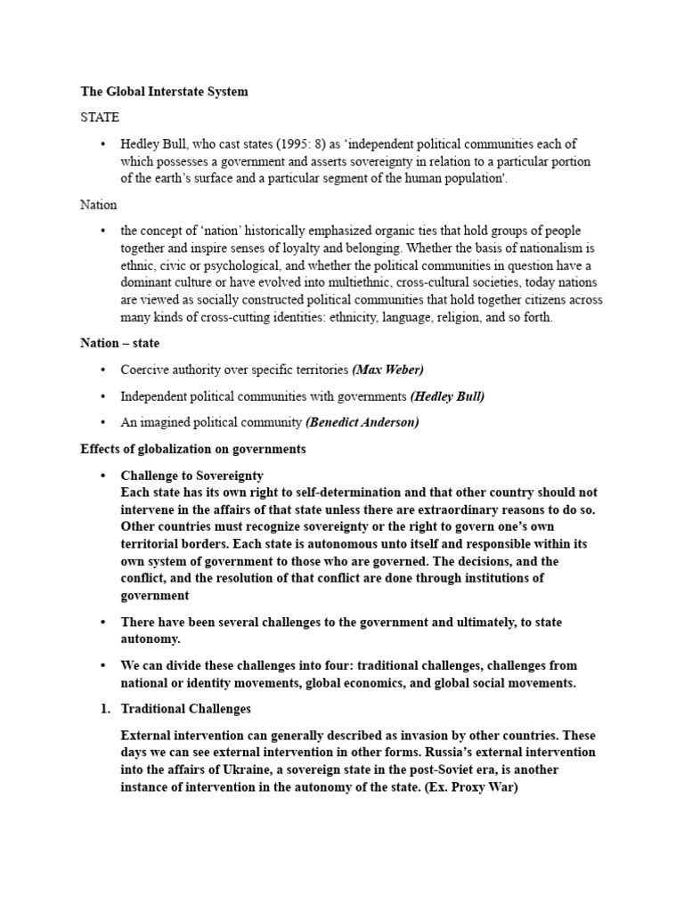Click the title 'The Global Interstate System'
(x=164, y=91)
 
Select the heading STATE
(x=100, y=117)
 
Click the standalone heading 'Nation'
(x=98, y=204)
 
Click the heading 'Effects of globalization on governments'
(x=193, y=449)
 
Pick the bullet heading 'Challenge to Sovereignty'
(x=191, y=476)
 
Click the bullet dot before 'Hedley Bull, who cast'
(x=104, y=143)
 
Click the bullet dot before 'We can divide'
(x=104, y=665)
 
